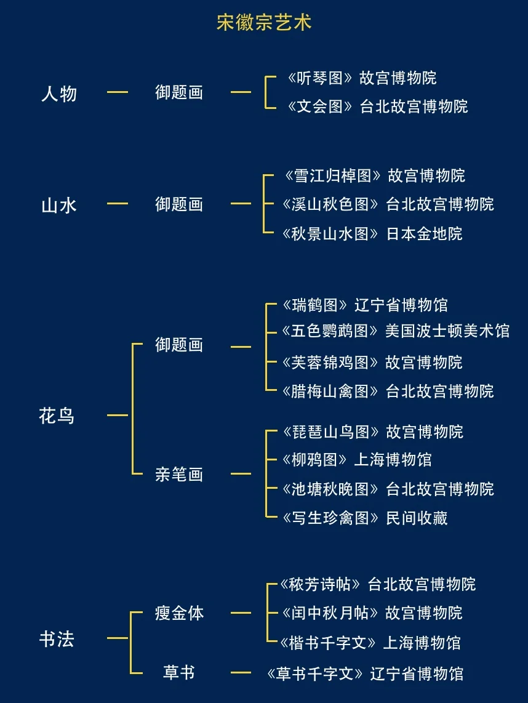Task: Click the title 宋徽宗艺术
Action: (264, 23)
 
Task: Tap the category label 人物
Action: (59, 94)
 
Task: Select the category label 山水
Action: (59, 204)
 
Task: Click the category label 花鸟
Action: (57, 416)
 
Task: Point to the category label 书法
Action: (57, 639)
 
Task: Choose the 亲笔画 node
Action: (179, 475)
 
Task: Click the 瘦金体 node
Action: (179, 613)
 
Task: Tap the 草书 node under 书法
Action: (179, 673)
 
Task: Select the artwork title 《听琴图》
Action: (320, 78)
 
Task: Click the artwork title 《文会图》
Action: (320, 106)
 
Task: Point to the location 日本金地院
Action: (424, 234)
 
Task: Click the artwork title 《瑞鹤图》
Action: (317, 305)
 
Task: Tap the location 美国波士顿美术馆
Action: (447, 331)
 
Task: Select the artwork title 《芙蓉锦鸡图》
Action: (330, 362)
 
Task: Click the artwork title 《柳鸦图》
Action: (316, 460)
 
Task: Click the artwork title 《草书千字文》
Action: (316, 673)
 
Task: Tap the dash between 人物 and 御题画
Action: (118, 92)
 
